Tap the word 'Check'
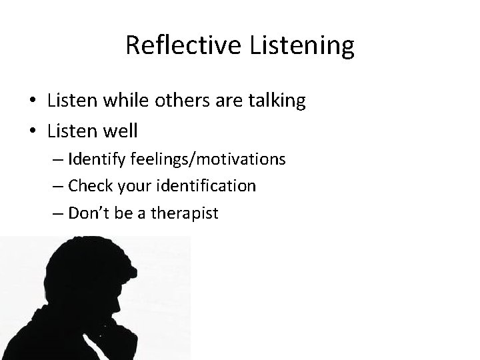pos(88,186)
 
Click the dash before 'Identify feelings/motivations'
pos(57,160)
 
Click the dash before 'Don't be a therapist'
pos(57,213)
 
